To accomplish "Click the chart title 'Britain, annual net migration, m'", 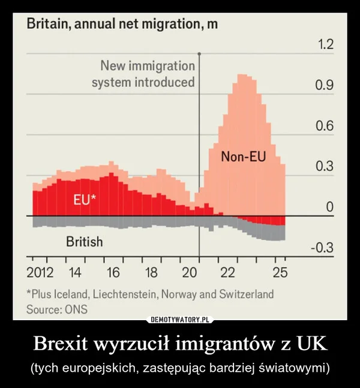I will point(121,25).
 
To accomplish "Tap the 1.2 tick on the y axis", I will point(324,46).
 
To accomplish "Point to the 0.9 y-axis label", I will point(324,86).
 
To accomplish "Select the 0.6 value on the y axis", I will point(324,127).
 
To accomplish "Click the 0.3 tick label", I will point(324,167).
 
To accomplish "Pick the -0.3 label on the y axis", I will point(322,248).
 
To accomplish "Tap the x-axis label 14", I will point(75,273).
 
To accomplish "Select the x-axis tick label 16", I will point(112,273).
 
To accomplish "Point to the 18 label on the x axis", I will point(151,273).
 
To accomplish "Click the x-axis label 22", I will point(227,273).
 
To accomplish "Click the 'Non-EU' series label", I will point(243,158).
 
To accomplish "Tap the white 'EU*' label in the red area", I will point(83,200).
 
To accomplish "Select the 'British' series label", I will point(84,242).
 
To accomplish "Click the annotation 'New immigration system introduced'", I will point(143,73).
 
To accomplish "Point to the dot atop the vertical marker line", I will point(199,53).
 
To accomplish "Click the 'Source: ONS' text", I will point(57,310).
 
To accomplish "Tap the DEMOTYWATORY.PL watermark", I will point(180,320).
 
